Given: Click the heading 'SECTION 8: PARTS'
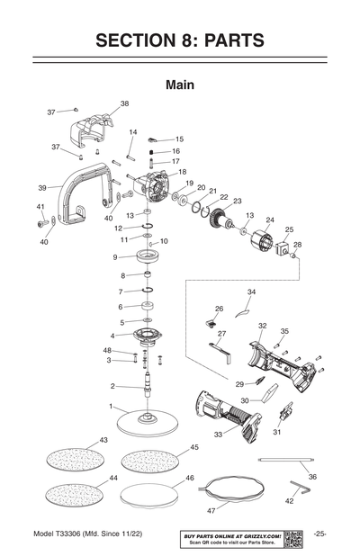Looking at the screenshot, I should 180,40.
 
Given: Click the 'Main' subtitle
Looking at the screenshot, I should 180,85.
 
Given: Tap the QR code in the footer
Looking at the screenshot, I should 293,538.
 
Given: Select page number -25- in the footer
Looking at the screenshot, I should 321,534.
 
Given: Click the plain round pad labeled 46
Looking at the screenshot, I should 148,493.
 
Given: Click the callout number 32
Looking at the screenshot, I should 262,325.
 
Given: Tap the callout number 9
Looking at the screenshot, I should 115,257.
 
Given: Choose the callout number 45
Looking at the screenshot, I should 194,447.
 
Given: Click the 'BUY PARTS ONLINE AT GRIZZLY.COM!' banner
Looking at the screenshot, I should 233,534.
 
